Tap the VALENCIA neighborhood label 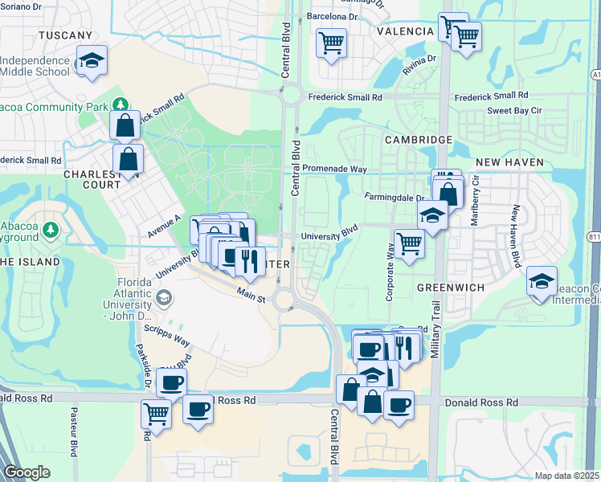point(405,31)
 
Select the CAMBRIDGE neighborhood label point(418,140)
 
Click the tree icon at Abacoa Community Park point(120,104)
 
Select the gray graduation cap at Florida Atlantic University point(163,298)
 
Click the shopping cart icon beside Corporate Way point(409,242)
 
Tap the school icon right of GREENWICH point(542,282)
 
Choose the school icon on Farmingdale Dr point(432,215)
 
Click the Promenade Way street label point(334,170)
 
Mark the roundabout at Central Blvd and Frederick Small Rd point(291,96)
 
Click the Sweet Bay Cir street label point(514,112)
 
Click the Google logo point(27,472)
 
